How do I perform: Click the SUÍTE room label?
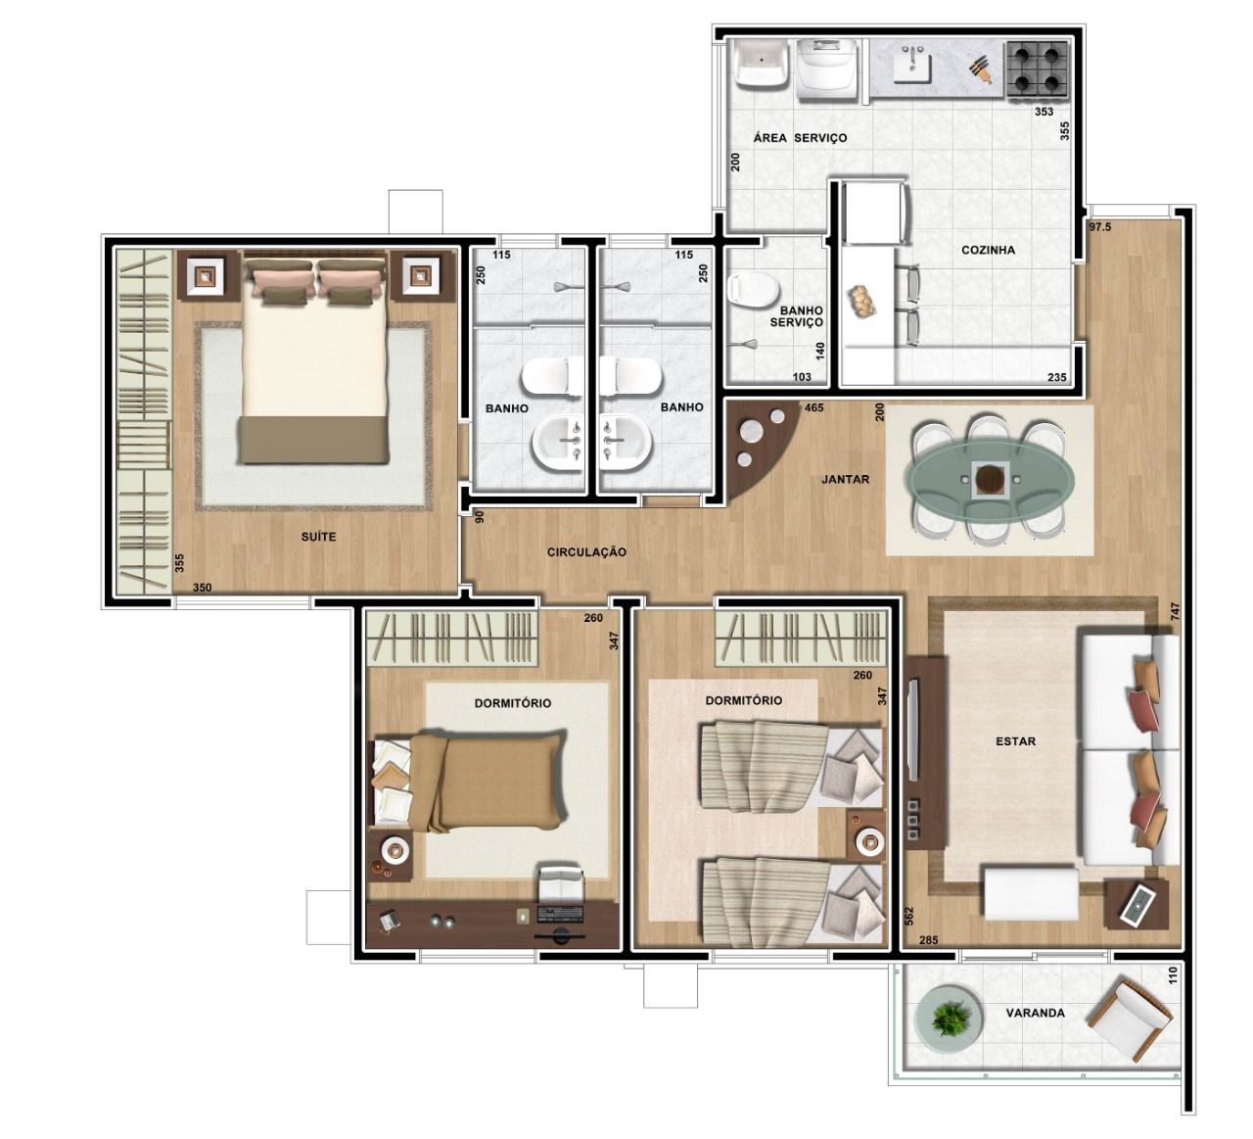pos(318,537)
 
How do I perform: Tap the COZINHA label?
pos(988,250)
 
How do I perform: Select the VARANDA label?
pos(1035,1013)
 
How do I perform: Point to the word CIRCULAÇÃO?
pos(586,552)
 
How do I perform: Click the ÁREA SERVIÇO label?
pos(800,137)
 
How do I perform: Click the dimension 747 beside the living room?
pos(1175,611)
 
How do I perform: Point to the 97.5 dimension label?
pos(1100,227)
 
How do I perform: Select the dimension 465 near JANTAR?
pos(813,407)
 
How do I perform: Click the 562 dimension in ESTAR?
pos(908,917)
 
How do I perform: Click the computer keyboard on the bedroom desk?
pos(560,915)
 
